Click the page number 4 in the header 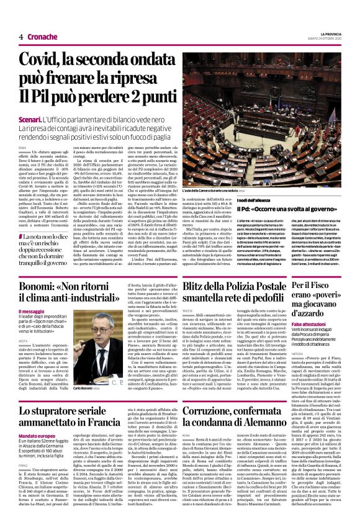coord(20,36)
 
